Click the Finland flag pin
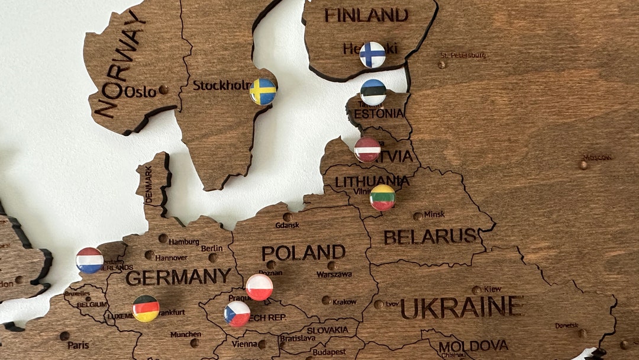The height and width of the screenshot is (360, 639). coord(373,54)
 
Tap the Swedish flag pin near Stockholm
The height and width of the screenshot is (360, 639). coord(263,92)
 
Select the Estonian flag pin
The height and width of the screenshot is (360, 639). coord(373,92)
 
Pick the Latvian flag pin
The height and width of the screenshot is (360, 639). coord(367,150)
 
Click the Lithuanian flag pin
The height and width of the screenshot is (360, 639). coord(382,198)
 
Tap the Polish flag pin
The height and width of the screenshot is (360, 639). coord(259,287)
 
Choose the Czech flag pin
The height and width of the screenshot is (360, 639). coord(237,314)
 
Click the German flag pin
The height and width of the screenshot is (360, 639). coord(146,308)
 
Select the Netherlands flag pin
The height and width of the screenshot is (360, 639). coord(90,261)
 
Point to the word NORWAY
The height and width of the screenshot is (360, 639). coord(120,64)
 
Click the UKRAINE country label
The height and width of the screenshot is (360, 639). coord(461,307)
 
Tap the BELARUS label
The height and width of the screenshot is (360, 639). coord(430,236)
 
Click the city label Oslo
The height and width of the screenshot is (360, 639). coord(140,92)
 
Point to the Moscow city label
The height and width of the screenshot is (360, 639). coord(596,157)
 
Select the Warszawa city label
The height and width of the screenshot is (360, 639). coord(334,275)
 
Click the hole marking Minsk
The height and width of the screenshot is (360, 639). coord(418,216)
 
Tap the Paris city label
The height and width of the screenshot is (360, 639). coord(78,345)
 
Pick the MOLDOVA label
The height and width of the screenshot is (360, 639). coord(473,345)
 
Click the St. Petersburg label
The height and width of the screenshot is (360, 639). coord(463,56)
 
